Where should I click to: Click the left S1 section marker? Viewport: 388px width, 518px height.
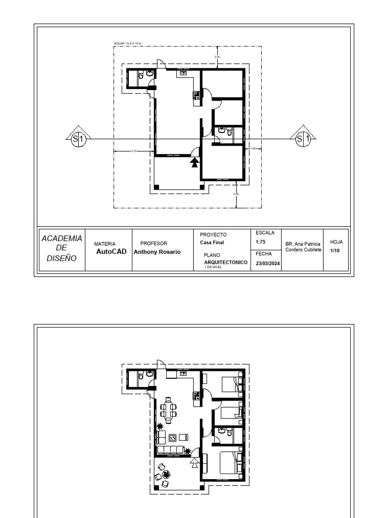77,138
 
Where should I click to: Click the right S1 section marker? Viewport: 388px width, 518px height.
302,138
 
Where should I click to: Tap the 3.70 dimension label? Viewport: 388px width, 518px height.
134,151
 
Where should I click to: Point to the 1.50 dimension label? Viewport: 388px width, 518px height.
253,148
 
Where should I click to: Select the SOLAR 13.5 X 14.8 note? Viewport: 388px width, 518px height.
127,45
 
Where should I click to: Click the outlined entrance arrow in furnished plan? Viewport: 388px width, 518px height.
194,462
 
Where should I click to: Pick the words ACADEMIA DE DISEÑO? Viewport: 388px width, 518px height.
62,248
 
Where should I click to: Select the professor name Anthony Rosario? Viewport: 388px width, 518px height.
157,252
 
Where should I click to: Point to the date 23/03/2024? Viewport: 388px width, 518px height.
268,264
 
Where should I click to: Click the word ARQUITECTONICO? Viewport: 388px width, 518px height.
225,263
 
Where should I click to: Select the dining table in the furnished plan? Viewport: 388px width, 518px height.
169,409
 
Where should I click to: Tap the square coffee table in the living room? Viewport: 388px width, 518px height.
172,437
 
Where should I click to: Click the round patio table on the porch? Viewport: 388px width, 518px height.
167,474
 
